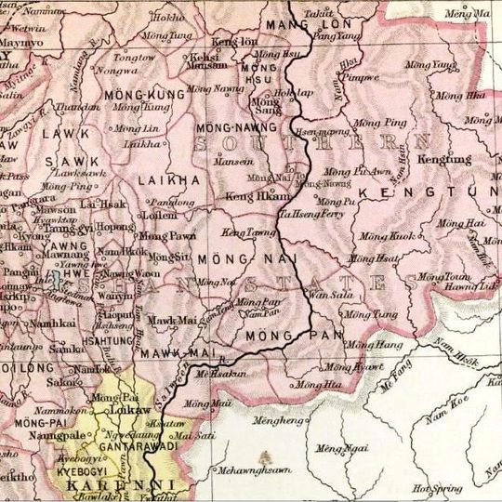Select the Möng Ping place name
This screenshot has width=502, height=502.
pos(383,123)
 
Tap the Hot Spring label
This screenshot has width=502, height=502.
pos(435,487)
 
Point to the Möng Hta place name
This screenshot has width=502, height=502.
pos(319,384)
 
